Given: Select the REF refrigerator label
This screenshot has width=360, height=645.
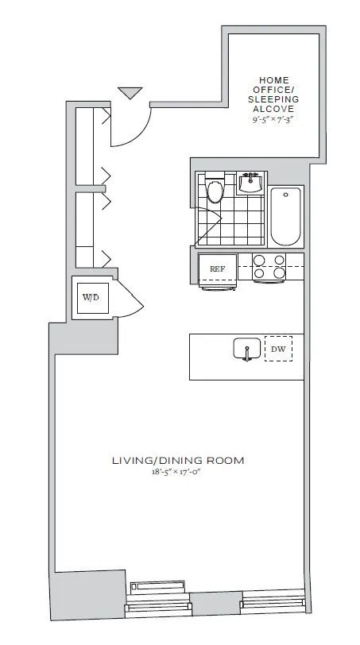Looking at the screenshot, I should [x=216, y=269].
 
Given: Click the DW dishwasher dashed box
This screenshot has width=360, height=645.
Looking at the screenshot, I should [x=277, y=349].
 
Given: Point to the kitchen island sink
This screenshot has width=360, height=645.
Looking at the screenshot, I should [x=246, y=350].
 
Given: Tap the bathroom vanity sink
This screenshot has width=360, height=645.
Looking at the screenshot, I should [x=250, y=183].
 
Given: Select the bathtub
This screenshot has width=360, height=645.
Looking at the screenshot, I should [x=285, y=217].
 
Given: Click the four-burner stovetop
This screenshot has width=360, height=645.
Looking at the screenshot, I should [x=269, y=268].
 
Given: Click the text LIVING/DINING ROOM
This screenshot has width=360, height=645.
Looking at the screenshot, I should [x=177, y=460].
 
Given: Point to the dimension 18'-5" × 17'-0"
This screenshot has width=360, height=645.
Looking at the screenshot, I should [x=177, y=472].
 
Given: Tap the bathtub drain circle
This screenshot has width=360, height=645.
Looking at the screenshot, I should [x=285, y=195].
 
